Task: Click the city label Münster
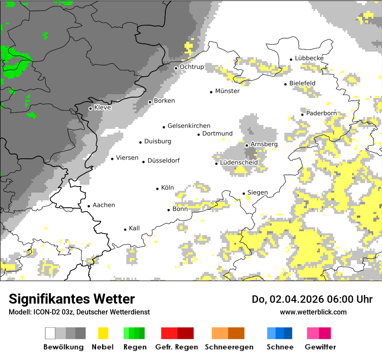click(x=227, y=91)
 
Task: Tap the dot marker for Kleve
click(x=90, y=108)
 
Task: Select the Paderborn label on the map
click(x=321, y=113)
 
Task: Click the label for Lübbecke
click(x=309, y=58)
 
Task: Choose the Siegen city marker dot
click(x=244, y=193)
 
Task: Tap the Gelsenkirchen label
click(x=189, y=126)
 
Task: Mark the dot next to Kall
click(x=125, y=229)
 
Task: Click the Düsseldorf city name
click(x=163, y=160)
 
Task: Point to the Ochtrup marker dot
click(x=176, y=68)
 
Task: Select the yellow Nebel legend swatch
click(x=103, y=333)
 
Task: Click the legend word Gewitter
click(x=320, y=347)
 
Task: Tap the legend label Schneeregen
click(x=229, y=347)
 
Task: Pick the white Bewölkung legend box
click(x=50, y=333)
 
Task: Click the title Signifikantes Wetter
click(x=72, y=299)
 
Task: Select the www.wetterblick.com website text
click(x=313, y=312)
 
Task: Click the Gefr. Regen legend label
click(x=177, y=347)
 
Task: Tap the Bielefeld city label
click(x=302, y=83)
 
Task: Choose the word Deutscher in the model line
click(x=90, y=312)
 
